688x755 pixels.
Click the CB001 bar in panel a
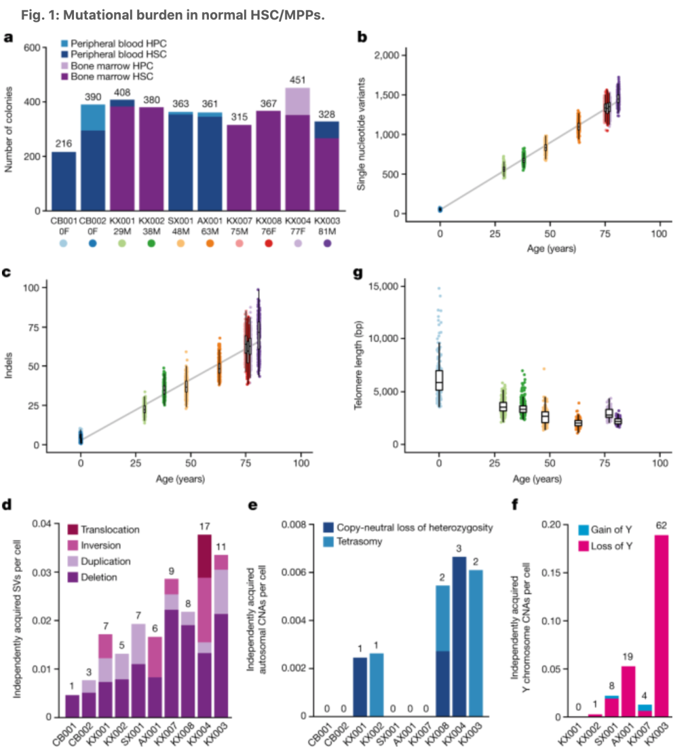tap(64, 181)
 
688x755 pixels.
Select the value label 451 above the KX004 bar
tap(297, 80)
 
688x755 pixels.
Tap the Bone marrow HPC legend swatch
tap(64, 66)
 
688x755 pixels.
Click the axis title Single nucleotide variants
tap(361, 134)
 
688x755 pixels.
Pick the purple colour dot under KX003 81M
tap(327, 243)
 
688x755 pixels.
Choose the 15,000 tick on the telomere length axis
tap(385, 286)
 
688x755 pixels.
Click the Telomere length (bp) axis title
tap(359, 365)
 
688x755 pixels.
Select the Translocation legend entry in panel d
tap(103, 530)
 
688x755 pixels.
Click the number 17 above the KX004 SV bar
tap(204, 526)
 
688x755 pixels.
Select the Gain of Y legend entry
tap(605, 530)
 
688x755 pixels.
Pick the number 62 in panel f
tap(661, 526)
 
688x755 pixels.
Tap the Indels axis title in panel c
tap(9, 366)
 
